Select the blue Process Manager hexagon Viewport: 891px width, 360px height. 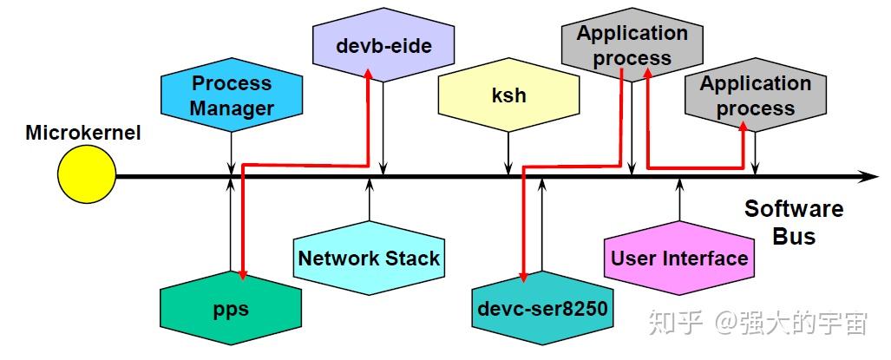click(x=232, y=95)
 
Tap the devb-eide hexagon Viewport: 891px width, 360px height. click(x=383, y=45)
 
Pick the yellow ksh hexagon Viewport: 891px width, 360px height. click(x=508, y=95)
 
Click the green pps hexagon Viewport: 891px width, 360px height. click(x=231, y=308)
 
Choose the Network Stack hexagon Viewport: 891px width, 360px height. click(x=370, y=259)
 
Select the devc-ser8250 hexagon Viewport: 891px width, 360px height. click(x=543, y=308)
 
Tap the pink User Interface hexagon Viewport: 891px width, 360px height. click(x=679, y=259)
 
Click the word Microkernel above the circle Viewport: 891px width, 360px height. click(x=83, y=134)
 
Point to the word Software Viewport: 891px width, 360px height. click(x=794, y=209)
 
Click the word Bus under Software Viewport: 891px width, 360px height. click(x=794, y=236)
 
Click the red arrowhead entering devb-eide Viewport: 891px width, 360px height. click(x=368, y=73)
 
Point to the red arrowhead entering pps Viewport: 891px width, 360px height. click(x=243, y=275)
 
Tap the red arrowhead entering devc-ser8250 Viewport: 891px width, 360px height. click(x=523, y=277)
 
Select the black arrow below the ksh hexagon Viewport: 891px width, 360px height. click(x=508, y=154)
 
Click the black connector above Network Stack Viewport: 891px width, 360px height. click(x=370, y=200)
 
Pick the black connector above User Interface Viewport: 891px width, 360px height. click(x=679, y=200)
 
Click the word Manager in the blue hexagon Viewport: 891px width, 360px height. click(x=232, y=108)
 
